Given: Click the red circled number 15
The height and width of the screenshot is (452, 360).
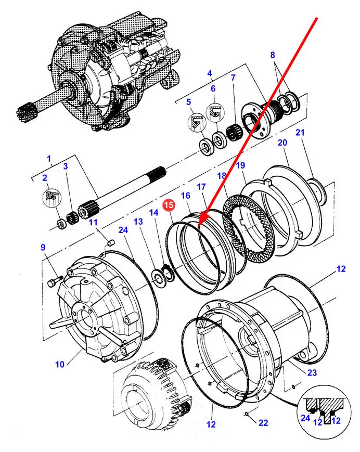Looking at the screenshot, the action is pos(169,204).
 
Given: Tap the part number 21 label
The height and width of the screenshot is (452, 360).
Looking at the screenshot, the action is pos(300,133).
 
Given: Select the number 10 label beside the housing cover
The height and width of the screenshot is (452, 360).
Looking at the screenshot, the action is pos(60,365).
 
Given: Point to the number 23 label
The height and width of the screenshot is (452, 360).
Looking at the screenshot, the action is pos(312,373).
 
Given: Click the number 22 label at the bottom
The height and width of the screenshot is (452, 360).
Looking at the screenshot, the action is pos(263,422).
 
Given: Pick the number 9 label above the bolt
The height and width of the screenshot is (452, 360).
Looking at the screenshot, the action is pos(43,247).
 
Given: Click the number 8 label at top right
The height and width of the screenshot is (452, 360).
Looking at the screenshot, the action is pos(273,55).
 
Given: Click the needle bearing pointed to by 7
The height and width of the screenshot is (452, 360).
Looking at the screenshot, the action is pos(234,133).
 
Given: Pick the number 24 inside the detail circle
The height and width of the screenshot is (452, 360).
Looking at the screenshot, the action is pos(305,418).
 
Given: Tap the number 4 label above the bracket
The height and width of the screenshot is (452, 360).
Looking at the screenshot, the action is pos(210,73).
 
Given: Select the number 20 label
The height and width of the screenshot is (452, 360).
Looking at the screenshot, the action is pos(282,143).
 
